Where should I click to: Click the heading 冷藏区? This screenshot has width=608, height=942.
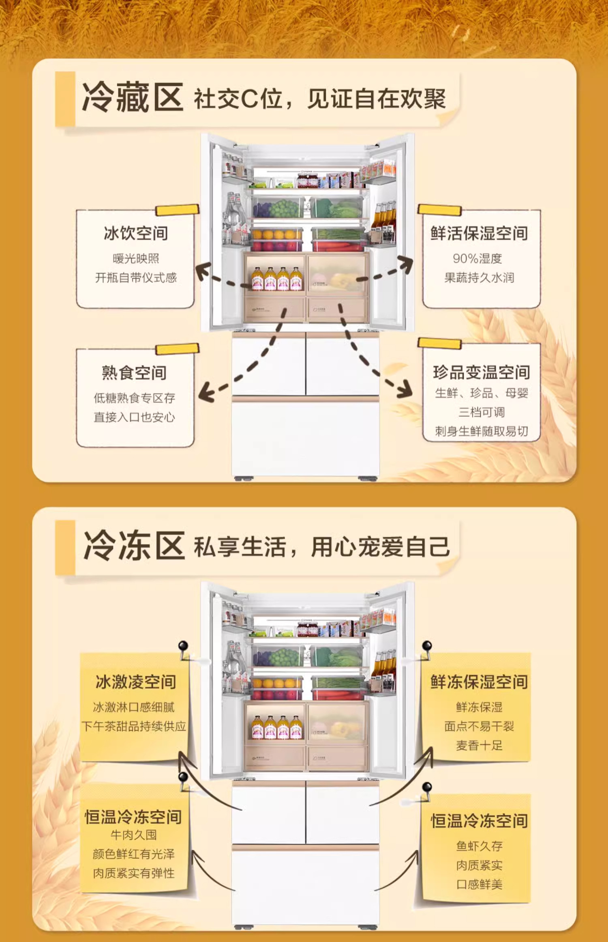(x=133, y=98)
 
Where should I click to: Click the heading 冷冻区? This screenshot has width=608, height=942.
(x=134, y=546)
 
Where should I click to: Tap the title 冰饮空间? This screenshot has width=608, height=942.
(x=136, y=233)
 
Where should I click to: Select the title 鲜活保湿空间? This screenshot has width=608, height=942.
(x=479, y=233)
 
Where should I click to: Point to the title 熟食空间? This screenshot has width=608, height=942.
(x=134, y=372)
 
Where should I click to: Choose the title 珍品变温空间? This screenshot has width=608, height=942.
(x=482, y=372)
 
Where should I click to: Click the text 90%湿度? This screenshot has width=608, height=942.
(x=477, y=258)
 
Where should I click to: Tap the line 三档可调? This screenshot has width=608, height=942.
(x=482, y=412)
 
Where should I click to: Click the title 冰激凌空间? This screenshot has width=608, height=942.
(x=136, y=682)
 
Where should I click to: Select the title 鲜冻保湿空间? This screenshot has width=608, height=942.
(x=479, y=682)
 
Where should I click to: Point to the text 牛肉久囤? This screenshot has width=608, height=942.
(x=133, y=835)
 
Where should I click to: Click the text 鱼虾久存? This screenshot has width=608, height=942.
(x=479, y=846)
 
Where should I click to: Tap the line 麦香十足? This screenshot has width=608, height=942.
(x=479, y=745)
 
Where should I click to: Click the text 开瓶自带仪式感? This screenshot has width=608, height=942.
(x=136, y=278)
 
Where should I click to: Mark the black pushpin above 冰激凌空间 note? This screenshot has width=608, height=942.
(x=183, y=645)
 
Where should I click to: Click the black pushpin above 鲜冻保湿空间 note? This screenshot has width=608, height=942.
(x=427, y=645)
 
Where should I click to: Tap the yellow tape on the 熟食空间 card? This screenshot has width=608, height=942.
(x=177, y=349)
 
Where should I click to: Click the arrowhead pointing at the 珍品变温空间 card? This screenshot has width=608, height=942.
(x=405, y=390)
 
